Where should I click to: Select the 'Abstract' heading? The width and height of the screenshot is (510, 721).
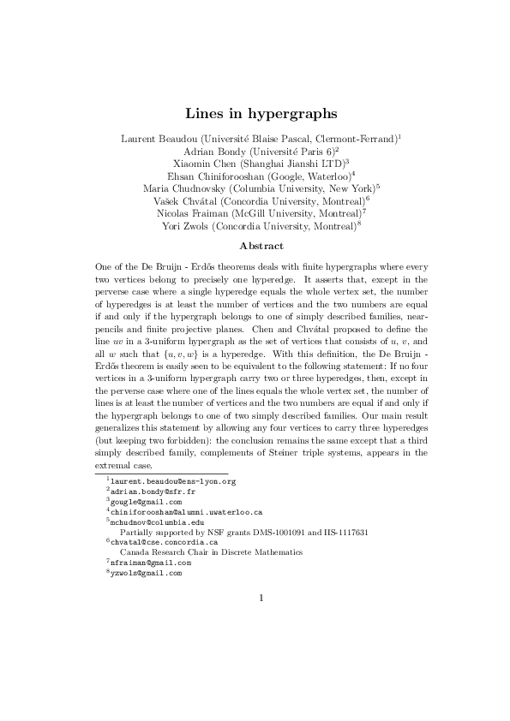255,246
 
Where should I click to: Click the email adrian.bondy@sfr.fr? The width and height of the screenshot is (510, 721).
141,492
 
